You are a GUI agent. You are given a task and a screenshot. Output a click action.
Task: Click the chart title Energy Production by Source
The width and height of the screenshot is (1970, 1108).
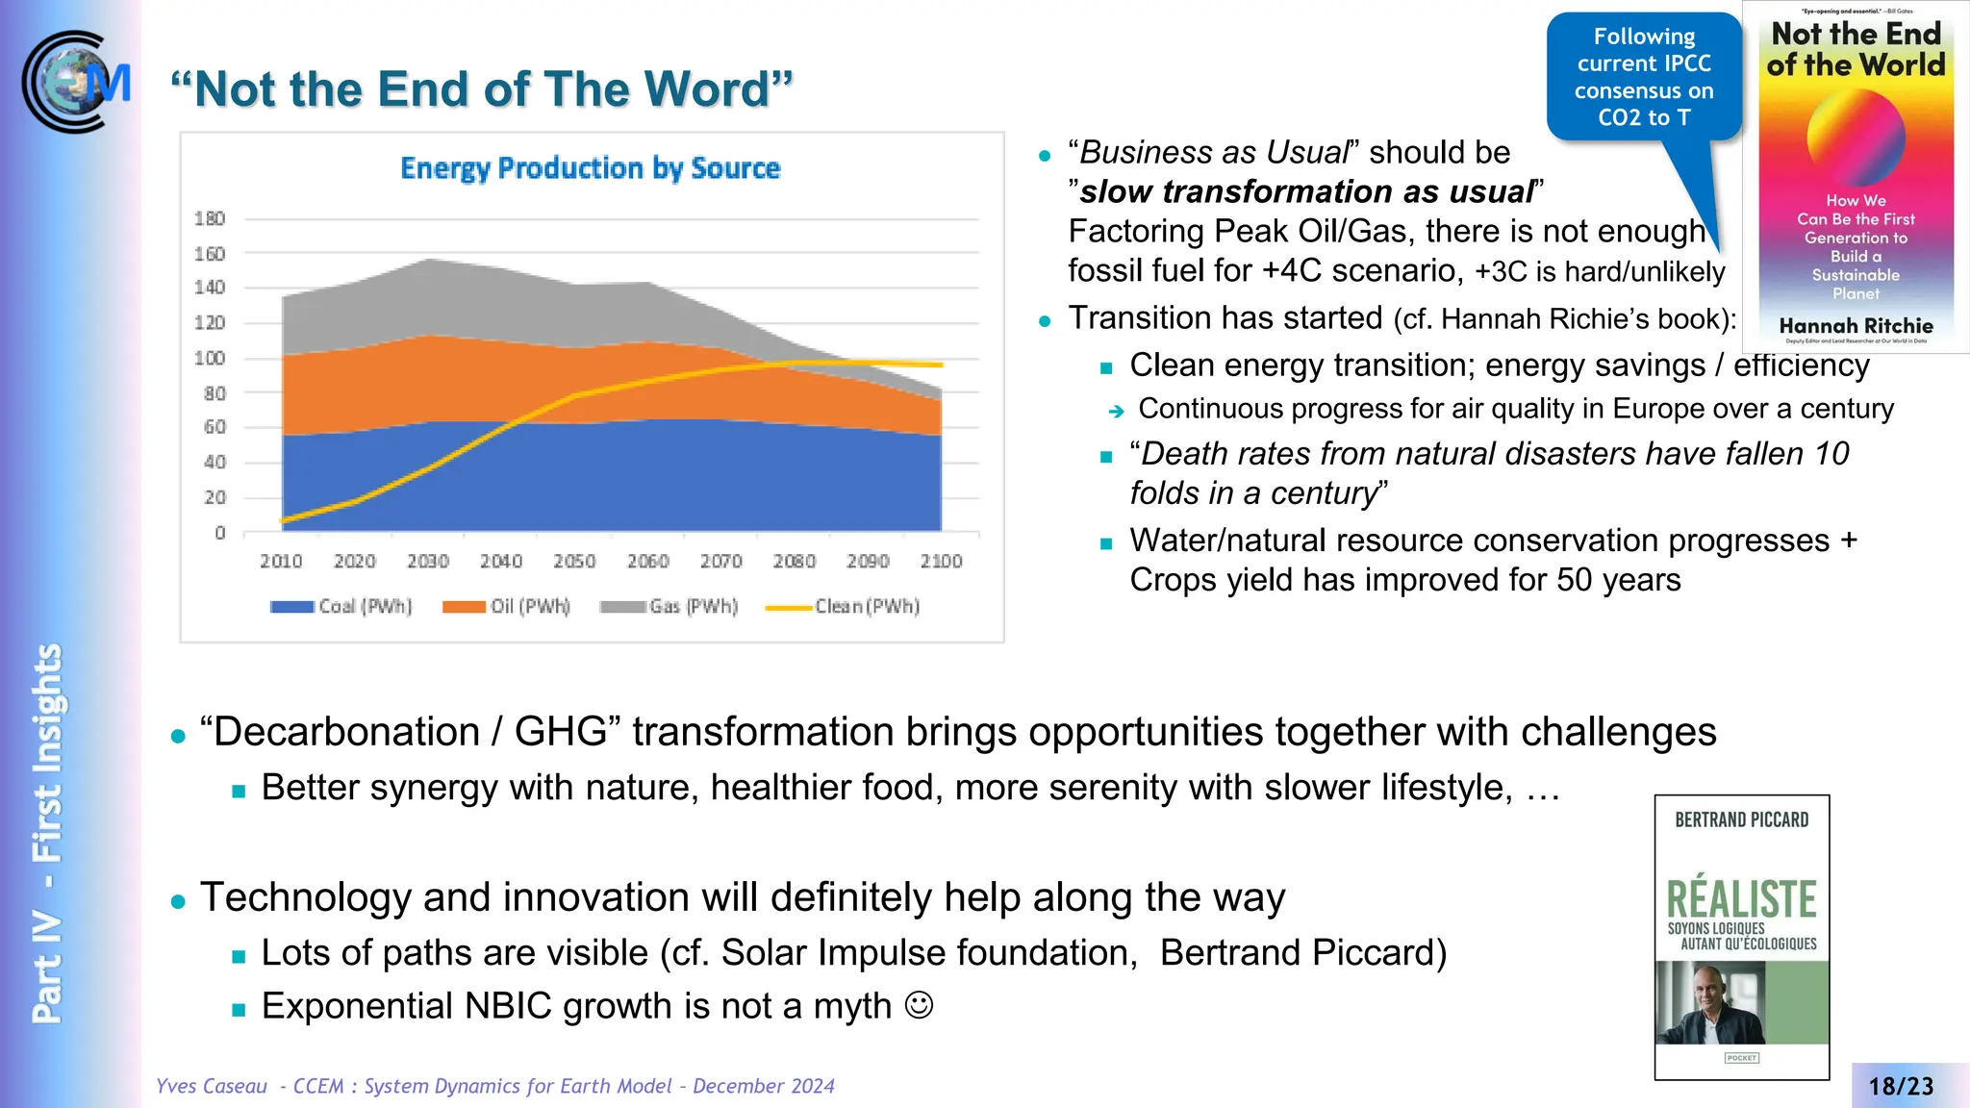pyautogui.click(x=590, y=168)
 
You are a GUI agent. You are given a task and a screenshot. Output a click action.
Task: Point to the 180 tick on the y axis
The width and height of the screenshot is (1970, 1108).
pyautogui.click(x=210, y=218)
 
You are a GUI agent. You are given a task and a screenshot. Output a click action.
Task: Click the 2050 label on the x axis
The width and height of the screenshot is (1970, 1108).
pyautogui.click(x=574, y=561)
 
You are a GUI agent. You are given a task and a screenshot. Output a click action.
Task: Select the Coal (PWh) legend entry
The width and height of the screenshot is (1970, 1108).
pyautogui.click(x=341, y=606)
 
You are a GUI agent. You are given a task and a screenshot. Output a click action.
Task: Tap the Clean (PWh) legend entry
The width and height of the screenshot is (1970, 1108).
pyautogui.click(x=844, y=606)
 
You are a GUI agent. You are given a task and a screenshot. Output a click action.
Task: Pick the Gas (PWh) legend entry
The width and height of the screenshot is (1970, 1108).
pyautogui.click(x=669, y=606)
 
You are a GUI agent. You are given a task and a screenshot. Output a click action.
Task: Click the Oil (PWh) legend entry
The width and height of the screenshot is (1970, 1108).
pyautogui.click(x=507, y=606)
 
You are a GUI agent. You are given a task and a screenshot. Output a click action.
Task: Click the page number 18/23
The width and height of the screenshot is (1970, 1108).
pyautogui.click(x=1901, y=1086)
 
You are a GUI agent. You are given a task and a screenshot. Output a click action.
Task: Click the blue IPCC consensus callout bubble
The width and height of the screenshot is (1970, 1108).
pyautogui.click(x=1644, y=77)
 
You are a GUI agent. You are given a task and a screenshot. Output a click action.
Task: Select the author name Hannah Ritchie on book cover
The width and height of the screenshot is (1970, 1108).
pyautogui.click(x=1856, y=326)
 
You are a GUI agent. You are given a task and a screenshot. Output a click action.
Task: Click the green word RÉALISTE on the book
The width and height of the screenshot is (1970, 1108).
pyautogui.click(x=1741, y=899)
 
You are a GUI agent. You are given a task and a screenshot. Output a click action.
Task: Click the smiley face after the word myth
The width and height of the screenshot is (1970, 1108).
pyautogui.click(x=920, y=1005)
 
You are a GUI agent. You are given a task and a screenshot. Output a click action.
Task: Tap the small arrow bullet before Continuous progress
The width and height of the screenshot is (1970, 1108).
pyautogui.click(x=1116, y=412)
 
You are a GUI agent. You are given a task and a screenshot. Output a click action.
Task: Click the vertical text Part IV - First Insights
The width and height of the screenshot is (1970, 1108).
pyautogui.click(x=46, y=832)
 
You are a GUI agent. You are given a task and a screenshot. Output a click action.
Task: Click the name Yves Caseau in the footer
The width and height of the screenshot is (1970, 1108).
pyautogui.click(x=212, y=1086)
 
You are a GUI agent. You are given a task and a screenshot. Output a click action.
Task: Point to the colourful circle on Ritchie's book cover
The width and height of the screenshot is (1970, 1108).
pyautogui.click(x=1856, y=138)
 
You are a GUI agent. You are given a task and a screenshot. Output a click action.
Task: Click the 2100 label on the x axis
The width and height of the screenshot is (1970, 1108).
pyautogui.click(x=941, y=561)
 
